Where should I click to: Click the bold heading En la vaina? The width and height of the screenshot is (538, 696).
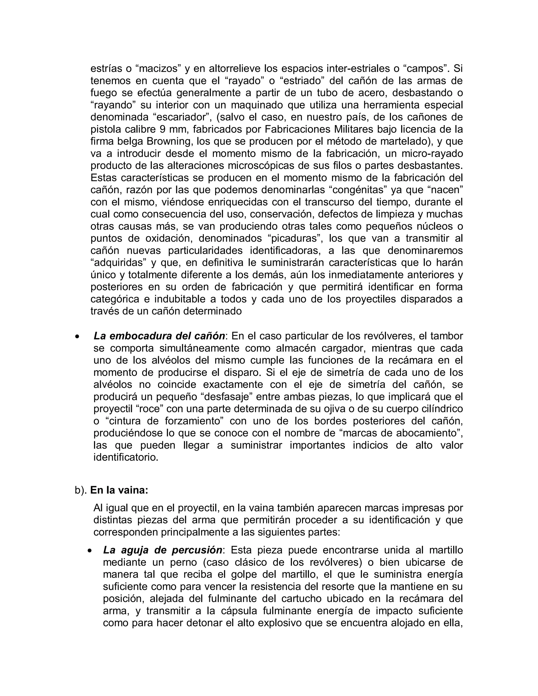click(119, 490)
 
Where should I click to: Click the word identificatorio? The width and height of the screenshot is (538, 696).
click(126, 457)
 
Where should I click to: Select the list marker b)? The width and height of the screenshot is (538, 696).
click(81, 490)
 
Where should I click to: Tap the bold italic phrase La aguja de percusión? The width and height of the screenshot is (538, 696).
click(163, 550)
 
